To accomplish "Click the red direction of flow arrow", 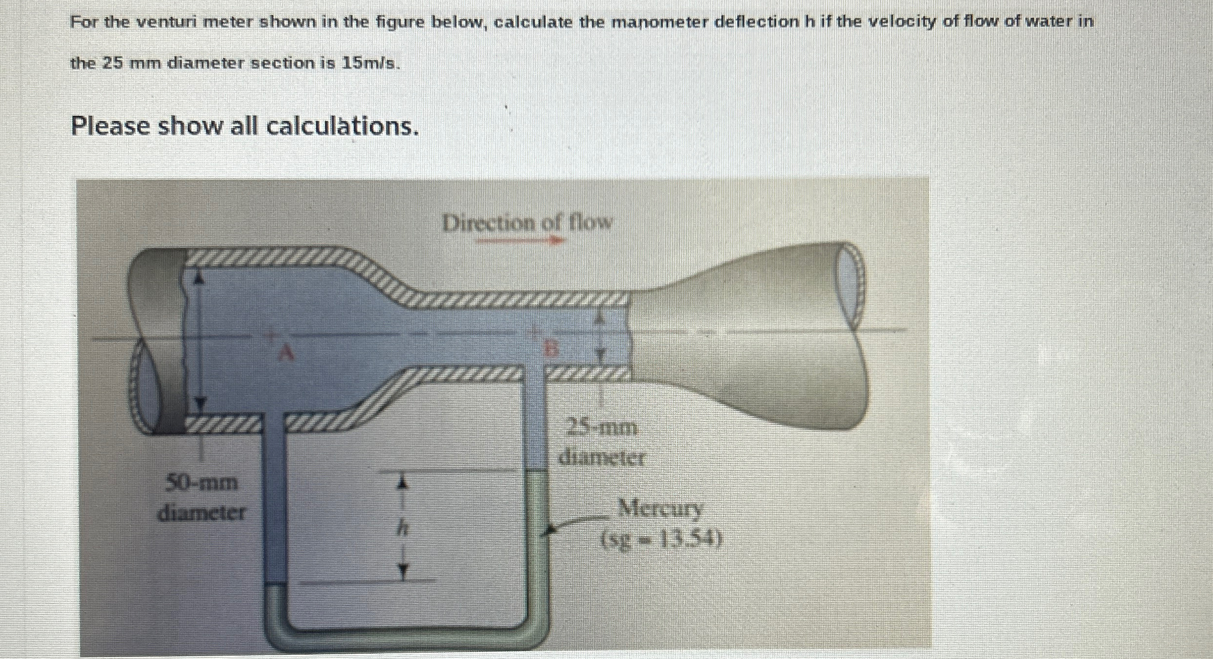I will click(520, 240).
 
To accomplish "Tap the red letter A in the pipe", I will click(286, 352).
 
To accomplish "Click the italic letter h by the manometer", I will click(403, 528).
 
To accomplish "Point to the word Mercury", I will click(660, 509).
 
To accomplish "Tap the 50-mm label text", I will click(202, 483).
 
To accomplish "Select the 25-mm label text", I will click(603, 428).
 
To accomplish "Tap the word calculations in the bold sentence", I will click(343, 127).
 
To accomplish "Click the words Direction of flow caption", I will click(528, 223).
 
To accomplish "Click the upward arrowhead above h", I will click(403, 483).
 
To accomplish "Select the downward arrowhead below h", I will click(403, 572).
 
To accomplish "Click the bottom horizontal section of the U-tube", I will click(407, 636).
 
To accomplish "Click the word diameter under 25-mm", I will click(603, 458).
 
